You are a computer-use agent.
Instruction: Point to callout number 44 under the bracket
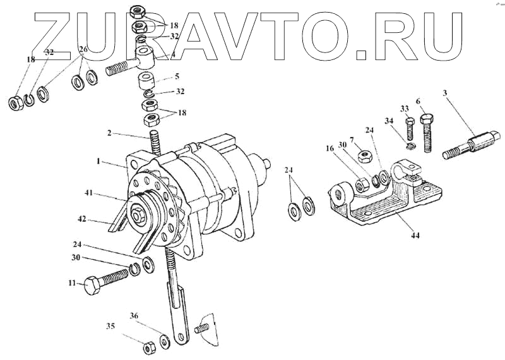point(414,235)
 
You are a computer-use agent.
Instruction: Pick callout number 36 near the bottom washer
point(134,316)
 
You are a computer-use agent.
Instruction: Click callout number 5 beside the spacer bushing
point(177,76)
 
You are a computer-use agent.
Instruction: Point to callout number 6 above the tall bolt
point(417,101)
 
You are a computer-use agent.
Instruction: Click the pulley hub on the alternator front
point(136,215)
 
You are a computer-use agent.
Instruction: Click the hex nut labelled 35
point(150,347)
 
